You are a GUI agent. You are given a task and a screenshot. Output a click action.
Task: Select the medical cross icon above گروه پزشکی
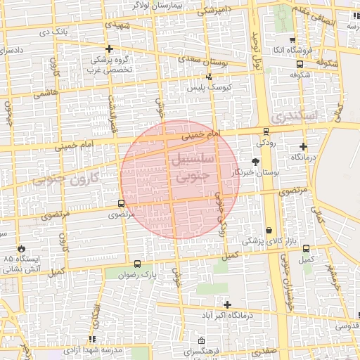[109, 49]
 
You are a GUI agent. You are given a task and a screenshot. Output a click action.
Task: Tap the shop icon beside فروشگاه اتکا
[291, 40]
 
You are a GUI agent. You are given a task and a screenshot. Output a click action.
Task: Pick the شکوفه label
[300, 74]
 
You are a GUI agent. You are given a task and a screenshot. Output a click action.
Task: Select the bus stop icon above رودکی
[266, 131]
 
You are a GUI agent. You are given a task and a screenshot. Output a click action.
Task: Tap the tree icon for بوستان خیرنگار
[255, 161]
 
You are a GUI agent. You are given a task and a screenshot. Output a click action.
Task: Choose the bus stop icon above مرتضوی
[120, 204]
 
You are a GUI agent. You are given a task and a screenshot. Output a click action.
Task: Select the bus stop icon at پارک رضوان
[136, 265]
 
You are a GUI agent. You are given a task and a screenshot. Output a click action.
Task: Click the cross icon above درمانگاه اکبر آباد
[226, 304]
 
